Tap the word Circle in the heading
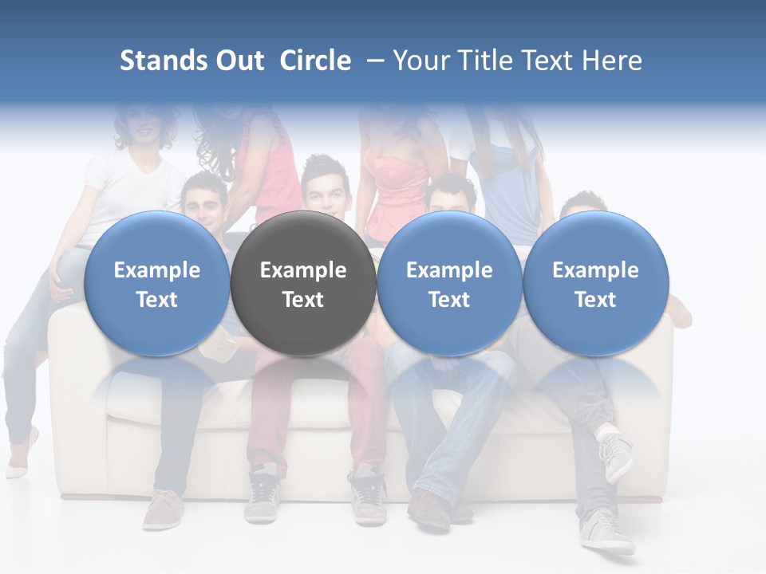pyautogui.click(x=315, y=61)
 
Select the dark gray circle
pyautogui.click(x=303, y=239)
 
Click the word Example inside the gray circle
pyautogui.click(x=303, y=270)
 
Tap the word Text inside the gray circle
pyautogui.click(x=303, y=300)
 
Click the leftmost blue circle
pyautogui.click(x=157, y=239)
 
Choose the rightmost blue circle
pyautogui.click(x=596, y=239)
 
